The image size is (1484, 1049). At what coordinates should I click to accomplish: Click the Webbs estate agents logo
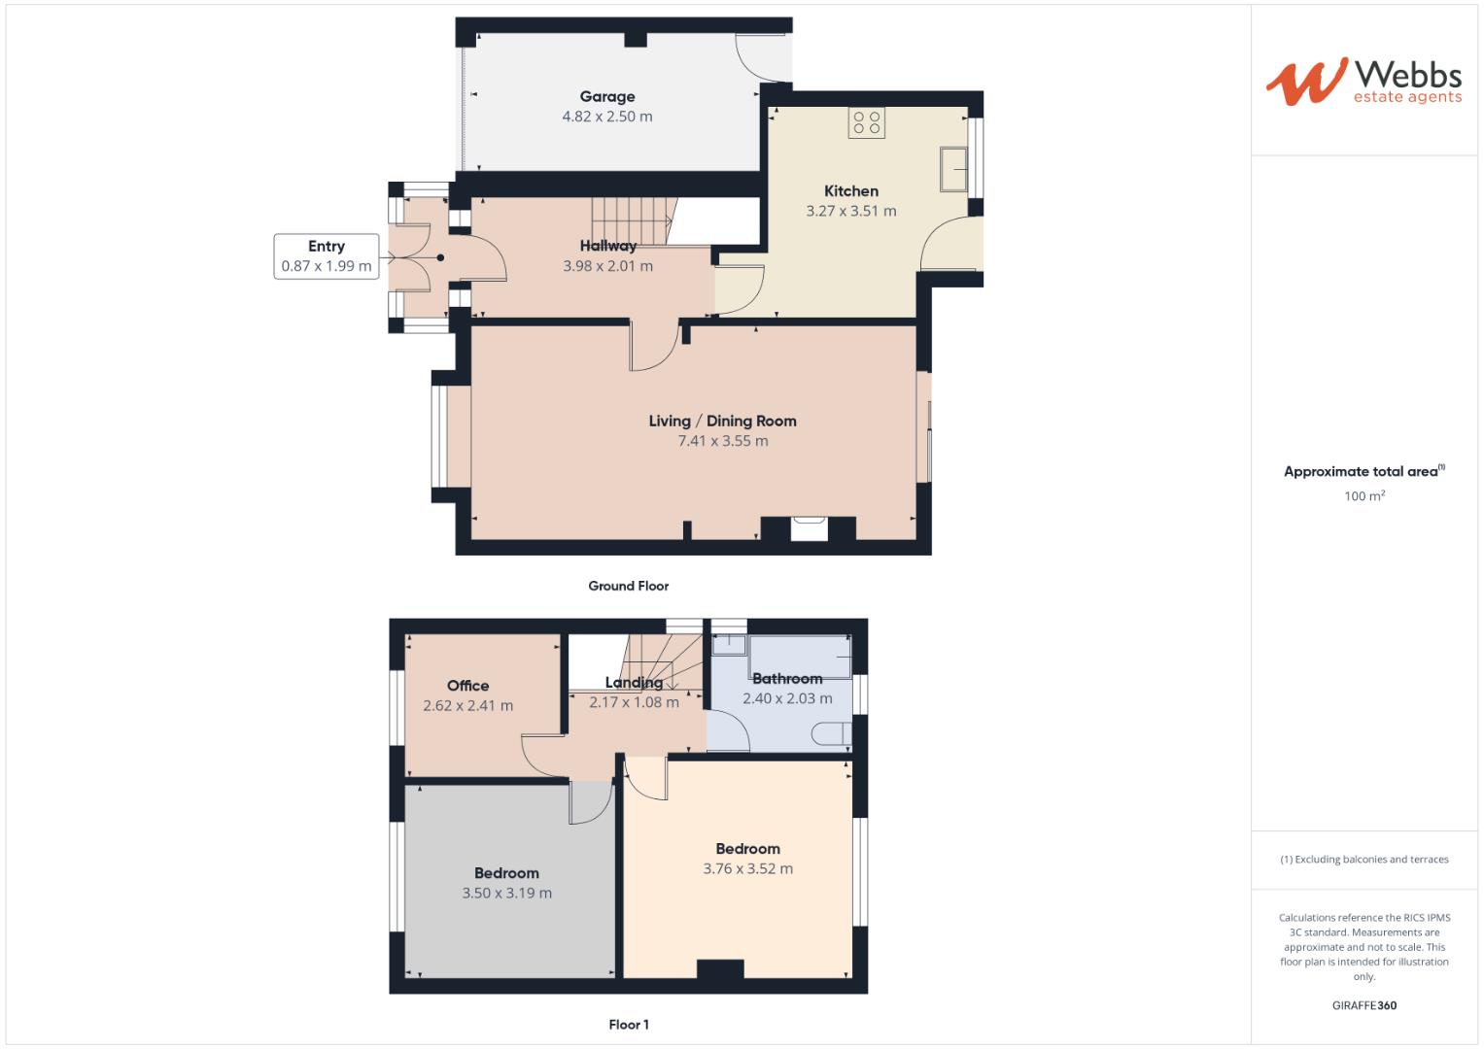coord(1363,82)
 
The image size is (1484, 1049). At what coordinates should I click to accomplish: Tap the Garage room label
coord(607,96)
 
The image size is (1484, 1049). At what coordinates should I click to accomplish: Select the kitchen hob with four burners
coord(866,123)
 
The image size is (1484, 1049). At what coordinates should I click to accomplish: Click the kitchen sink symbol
coord(953,170)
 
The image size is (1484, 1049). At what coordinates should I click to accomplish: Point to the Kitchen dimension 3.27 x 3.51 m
coord(851,211)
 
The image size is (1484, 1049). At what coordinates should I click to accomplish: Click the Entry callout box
coord(327,256)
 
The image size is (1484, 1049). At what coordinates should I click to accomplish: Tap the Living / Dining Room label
coord(722,421)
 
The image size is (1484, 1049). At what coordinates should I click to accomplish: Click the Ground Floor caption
coord(628,586)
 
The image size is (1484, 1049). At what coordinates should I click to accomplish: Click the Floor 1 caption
coord(628,1025)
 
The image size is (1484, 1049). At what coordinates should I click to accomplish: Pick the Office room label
coord(467,686)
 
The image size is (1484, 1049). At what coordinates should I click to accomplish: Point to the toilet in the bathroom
coord(833,733)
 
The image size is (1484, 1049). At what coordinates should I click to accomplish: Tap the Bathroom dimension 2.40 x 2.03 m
coord(787,698)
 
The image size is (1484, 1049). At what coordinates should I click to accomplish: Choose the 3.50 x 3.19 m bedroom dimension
coord(506,894)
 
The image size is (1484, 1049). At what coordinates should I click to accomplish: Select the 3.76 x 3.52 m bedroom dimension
coord(747,869)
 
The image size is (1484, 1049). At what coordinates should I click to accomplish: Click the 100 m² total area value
coord(1363,496)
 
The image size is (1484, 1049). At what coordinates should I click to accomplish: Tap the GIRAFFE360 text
coord(1363,1005)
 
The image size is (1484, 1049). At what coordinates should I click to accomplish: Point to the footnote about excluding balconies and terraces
coord(1363,860)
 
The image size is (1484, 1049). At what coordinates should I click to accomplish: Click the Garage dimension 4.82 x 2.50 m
coord(607,117)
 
